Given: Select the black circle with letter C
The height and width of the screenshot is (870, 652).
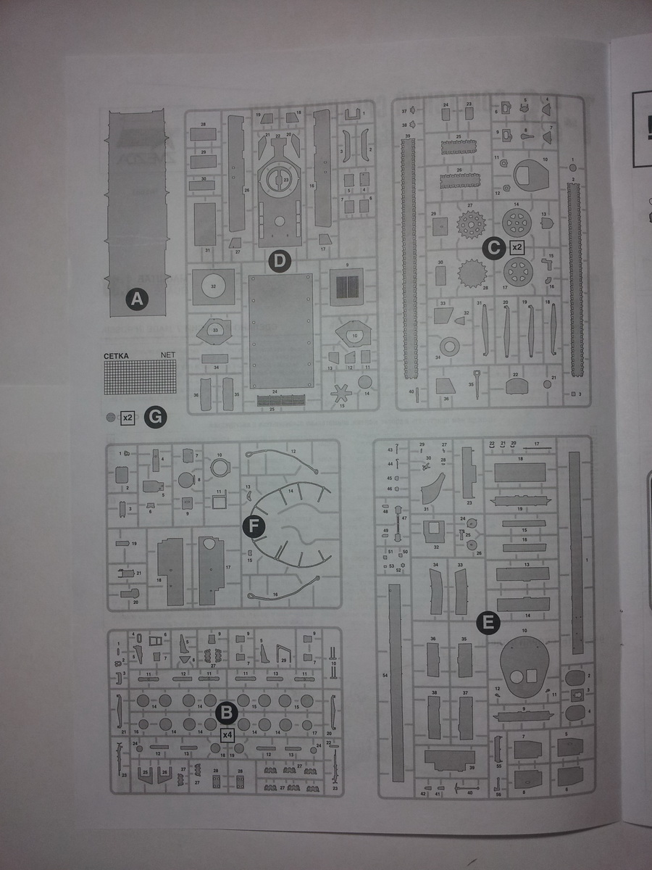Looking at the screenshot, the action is [494, 247].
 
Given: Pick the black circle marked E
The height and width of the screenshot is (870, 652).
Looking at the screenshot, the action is [489, 621].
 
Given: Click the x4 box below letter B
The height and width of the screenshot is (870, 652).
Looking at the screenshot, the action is [227, 734].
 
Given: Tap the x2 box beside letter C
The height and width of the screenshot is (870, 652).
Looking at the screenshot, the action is [517, 247].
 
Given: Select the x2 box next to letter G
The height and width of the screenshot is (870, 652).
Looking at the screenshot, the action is [128, 417].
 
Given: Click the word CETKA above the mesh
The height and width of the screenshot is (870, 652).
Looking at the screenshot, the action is [116, 355].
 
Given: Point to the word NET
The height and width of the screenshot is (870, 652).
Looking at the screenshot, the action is [167, 355].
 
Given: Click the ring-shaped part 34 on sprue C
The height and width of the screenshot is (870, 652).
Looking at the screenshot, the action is [450, 347].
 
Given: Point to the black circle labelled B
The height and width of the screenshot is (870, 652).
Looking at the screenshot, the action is [227, 713].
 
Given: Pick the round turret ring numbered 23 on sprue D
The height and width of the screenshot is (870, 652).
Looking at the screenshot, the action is [279, 178].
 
